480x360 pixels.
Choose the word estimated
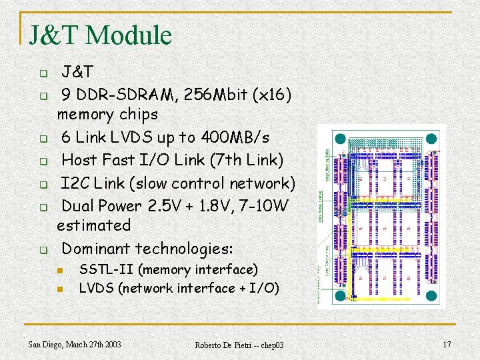pyautogui.click(x=93, y=225)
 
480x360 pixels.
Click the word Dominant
pyautogui.click(x=96, y=249)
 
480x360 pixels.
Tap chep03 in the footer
pyautogui.click(x=270, y=345)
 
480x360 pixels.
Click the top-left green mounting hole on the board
pyautogui.click(x=341, y=139)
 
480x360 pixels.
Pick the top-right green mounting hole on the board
pyautogui.click(x=431, y=139)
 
